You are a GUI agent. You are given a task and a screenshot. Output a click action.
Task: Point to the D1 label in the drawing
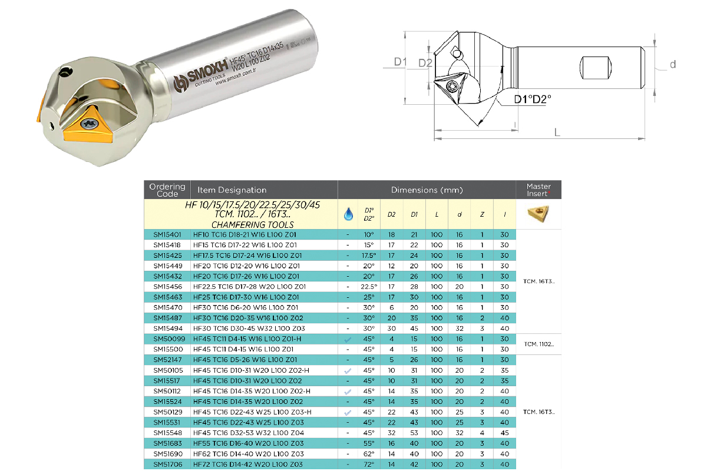coord(400,62)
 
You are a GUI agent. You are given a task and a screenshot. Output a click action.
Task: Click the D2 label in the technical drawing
coord(425,63)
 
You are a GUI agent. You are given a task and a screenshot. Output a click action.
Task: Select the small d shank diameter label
coord(673,64)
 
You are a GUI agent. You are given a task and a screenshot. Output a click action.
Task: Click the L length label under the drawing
coord(557,132)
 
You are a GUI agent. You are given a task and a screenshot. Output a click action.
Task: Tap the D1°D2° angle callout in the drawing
coord(533,99)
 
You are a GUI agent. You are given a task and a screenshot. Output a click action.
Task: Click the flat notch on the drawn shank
coord(596,68)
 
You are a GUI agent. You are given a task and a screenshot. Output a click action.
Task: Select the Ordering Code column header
coord(167,190)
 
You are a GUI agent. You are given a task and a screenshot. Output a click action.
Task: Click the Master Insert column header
coord(538,190)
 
